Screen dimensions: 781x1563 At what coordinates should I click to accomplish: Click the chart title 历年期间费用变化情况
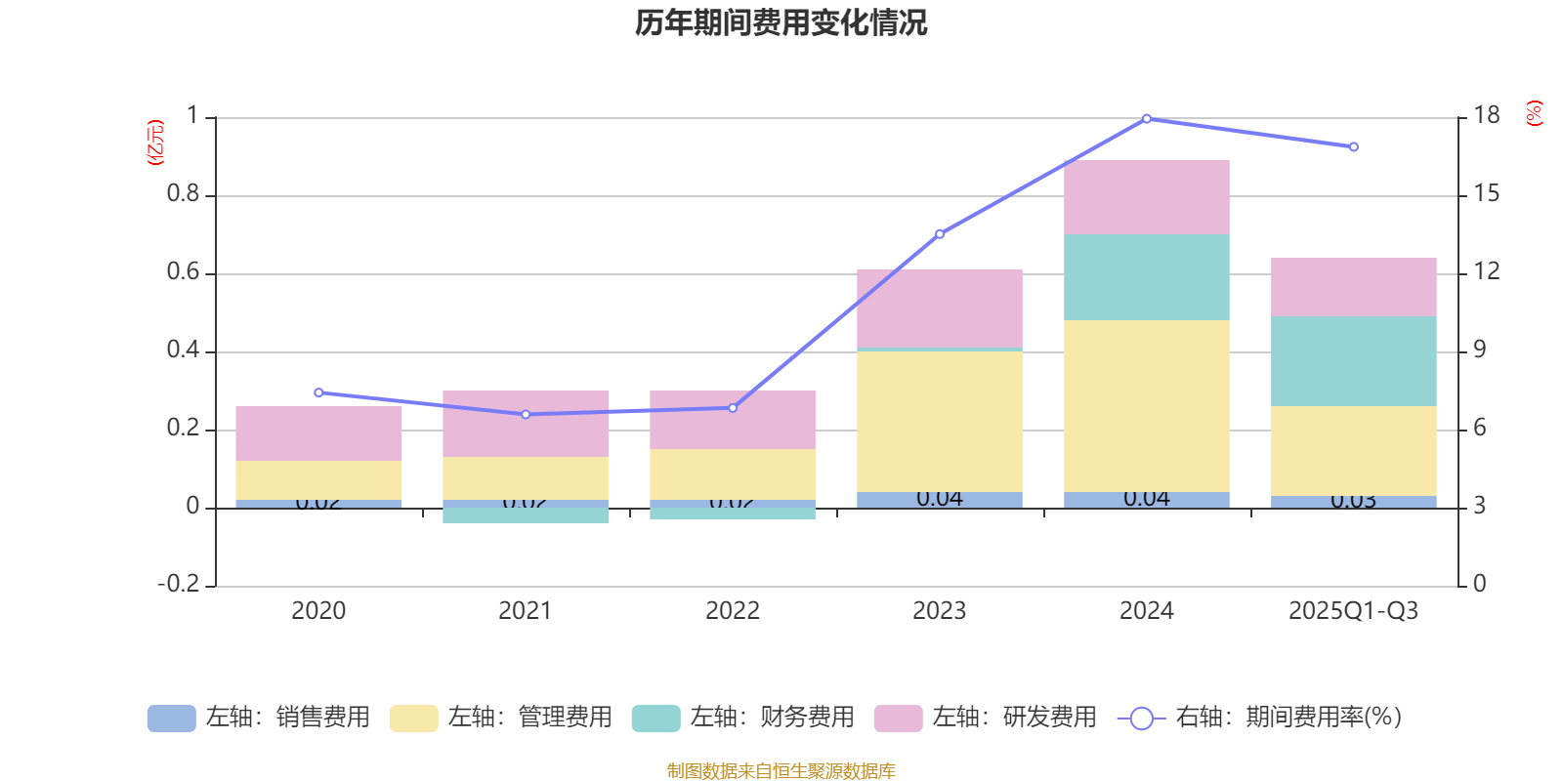[x=781, y=22]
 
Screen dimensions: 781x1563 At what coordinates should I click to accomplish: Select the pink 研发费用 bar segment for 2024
[x=1146, y=197]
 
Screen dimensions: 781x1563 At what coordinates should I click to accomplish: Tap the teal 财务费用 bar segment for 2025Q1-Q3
[x=1353, y=360]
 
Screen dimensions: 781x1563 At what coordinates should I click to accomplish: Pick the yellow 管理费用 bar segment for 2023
[x=939, y=421]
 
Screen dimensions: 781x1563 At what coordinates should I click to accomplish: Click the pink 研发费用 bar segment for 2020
[x=318, y=432]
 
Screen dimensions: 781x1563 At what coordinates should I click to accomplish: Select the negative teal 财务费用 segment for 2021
[x=526, y=515]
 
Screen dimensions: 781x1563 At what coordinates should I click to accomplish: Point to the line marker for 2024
[x=1147, y=118]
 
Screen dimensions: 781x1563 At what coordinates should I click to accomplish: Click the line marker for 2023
[x=940, y=234]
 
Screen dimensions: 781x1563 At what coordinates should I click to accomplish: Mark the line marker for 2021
[x=526, y=414]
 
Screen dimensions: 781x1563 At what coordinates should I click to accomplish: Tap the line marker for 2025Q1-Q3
[x=1353, y=147]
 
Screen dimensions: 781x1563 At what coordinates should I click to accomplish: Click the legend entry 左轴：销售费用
[x=259, y=718]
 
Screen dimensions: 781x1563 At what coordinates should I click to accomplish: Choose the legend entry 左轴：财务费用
[x=743, y=718]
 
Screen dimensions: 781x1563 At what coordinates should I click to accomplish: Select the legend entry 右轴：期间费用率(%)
[x=1260, y=718]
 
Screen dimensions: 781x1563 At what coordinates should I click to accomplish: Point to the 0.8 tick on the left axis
[x=183, y=194]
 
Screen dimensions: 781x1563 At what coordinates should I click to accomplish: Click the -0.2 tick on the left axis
[x=179, y=584]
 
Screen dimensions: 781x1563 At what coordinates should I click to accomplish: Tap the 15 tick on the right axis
[x=1486, y=193]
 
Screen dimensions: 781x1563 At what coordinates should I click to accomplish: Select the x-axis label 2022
[x=733, y=611]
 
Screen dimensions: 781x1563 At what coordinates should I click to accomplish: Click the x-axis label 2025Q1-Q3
[x=1353, y=611]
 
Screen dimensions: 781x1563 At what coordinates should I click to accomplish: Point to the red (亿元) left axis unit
[x=155, y=143]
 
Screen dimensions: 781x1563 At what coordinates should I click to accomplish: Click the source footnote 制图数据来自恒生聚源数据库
[x=781, y=771]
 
